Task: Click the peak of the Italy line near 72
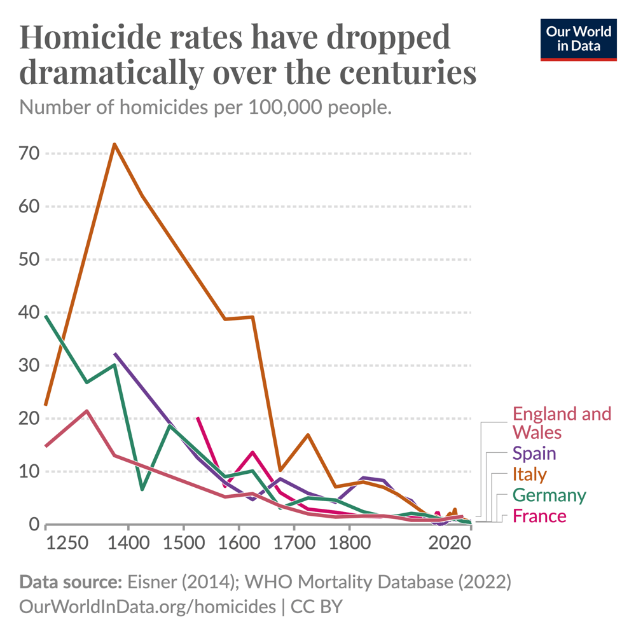[114, 144]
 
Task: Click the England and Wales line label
[561, 422]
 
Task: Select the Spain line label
[534, 453]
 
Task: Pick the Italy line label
[529, 474]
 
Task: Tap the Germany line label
[549, 495]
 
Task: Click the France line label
[539, 516]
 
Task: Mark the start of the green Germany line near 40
[46, 316]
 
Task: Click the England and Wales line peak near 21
[86, 411]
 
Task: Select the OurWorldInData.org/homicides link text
[148, 606]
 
